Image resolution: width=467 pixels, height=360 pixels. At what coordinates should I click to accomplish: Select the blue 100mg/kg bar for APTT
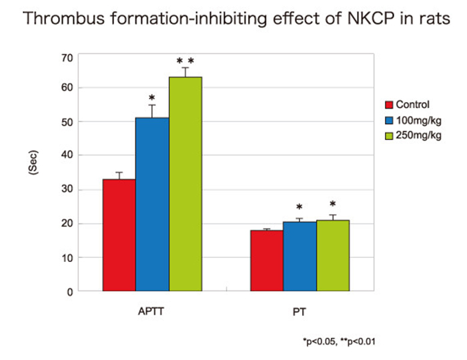point(152,204)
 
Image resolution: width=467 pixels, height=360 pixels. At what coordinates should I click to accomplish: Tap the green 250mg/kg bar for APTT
point(185,184)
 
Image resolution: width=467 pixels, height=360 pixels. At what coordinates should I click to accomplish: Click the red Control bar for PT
point(267,261)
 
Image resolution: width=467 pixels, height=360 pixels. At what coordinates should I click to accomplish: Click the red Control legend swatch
point(389,105)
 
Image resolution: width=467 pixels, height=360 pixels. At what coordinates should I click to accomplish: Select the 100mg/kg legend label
point(418,120)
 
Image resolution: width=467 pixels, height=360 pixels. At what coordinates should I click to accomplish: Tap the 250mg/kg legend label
point(418,136)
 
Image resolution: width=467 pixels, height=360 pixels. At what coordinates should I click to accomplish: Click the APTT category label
point(151,311)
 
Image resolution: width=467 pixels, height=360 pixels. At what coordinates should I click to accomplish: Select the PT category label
point(300,311)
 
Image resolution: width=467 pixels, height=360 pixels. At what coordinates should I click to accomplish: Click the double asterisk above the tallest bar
point(185,62)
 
